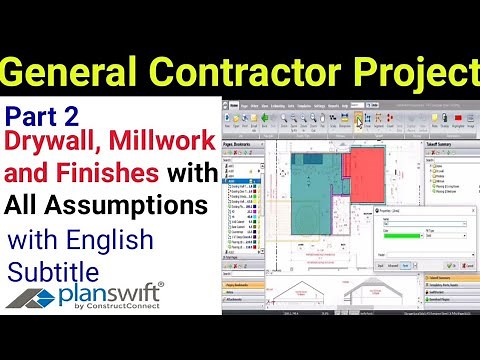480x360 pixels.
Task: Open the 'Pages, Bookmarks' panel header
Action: [250, 145]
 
